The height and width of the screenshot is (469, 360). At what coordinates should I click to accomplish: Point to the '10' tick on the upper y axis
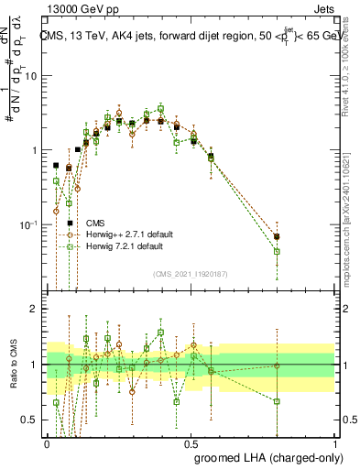click(x=34, y=76)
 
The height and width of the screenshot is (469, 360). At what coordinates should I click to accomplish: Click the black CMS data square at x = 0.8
click(x=277, y=236)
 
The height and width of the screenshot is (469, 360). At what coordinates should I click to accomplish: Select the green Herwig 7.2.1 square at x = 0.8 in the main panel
click(x=277, y=251)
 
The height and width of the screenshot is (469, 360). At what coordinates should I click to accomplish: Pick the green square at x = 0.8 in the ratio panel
click(x=277, y=401)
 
